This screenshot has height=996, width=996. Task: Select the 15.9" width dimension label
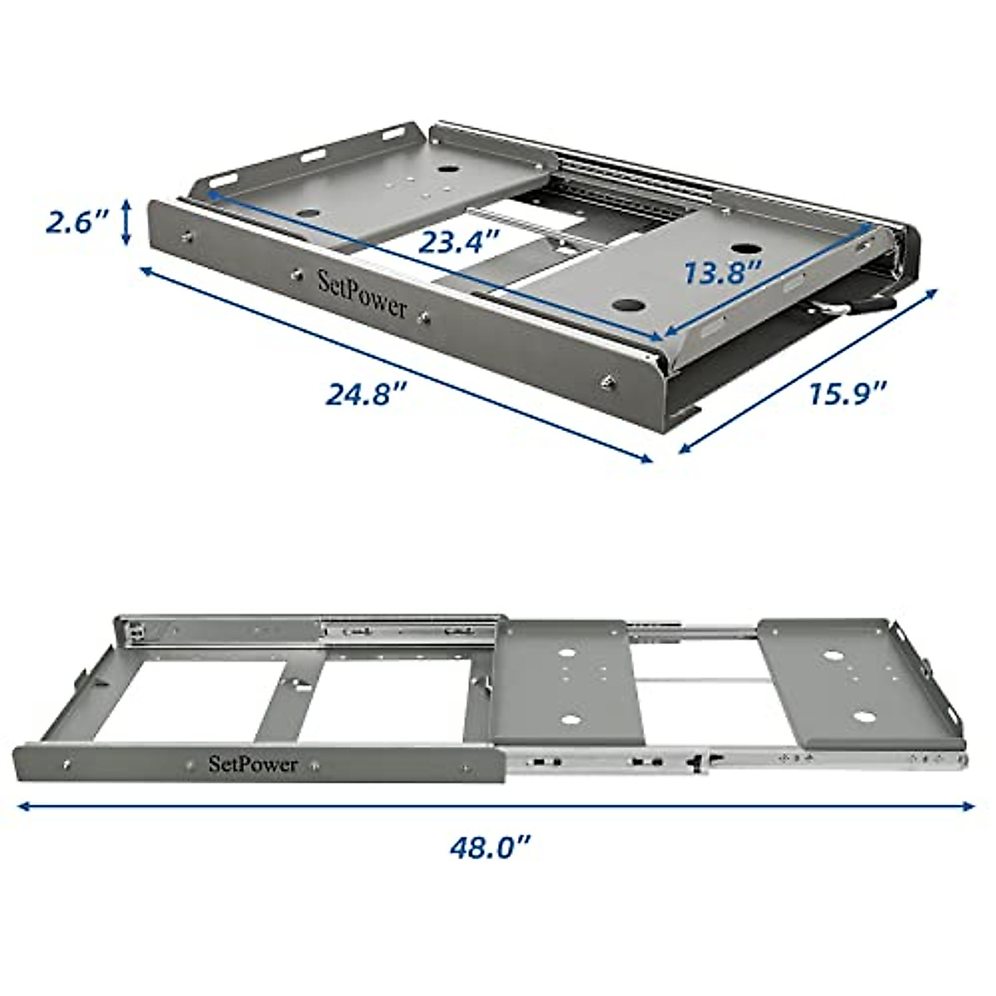pyautogui.click(x=848, y=392)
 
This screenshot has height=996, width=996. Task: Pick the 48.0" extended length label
pyautogui.click(x=490, y=848)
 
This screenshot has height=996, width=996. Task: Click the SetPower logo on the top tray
pyautogui.click(x=363, y=294)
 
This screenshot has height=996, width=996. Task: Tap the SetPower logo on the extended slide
pyautogui.click(x=252, y=764)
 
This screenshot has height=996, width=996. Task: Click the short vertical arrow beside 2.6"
pyautogui.click(x=126, y=222)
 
